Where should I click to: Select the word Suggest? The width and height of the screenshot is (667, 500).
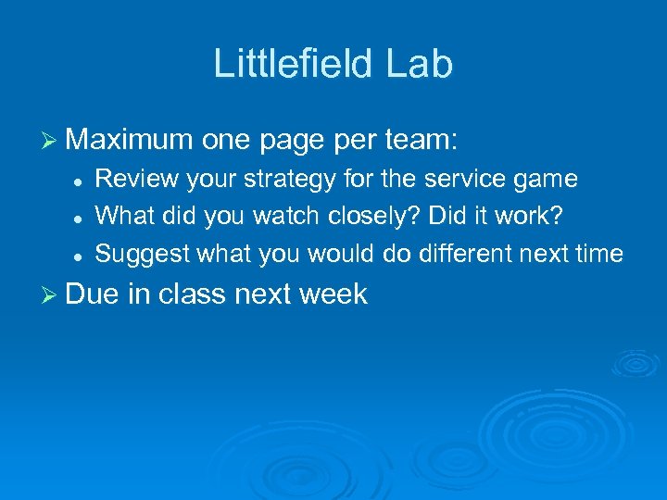[139, 254]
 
